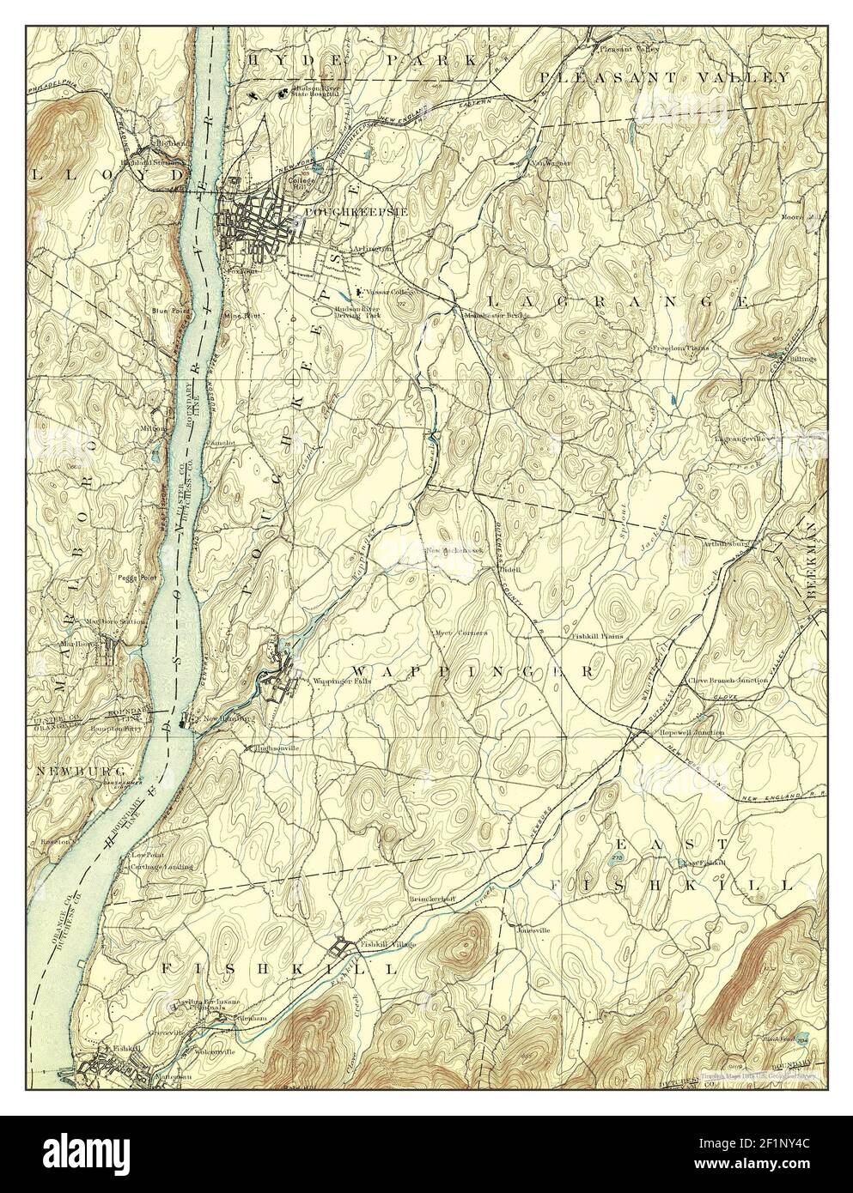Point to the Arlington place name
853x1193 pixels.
pos(372,249)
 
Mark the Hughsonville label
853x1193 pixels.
pos(276,748)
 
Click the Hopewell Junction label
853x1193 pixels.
pos(691,732)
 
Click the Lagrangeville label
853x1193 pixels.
pos(738,438)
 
